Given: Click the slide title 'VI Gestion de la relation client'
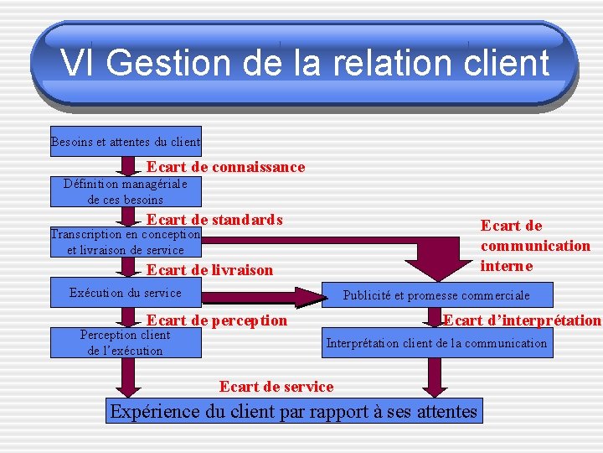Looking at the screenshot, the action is click(304, 63).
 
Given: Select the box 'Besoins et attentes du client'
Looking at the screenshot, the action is click(126, 142).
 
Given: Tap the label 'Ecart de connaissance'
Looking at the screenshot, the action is click(225, 167).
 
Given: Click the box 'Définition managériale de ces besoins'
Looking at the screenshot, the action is click(126, 192).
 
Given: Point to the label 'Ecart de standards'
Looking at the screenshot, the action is click(214, 220).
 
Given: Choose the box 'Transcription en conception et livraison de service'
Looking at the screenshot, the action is click(126, 242).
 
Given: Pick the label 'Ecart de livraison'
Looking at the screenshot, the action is click(209, 269).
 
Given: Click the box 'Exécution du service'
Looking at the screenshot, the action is click(126, 293).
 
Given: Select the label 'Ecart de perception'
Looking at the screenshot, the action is click(216, 320).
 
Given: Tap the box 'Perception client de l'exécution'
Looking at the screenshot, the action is click(126, 343).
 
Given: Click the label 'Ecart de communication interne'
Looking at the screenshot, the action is click(534, 245).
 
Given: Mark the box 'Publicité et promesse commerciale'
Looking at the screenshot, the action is click(436, 295).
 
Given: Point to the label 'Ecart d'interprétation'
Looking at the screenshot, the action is click(522, 320).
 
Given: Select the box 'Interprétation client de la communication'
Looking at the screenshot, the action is click(436, 343).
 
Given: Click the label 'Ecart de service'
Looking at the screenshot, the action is click(276, 387).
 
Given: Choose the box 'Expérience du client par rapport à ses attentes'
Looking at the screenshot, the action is click(293, 412).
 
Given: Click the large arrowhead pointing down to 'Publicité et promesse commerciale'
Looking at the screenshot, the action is click(435, 261).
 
